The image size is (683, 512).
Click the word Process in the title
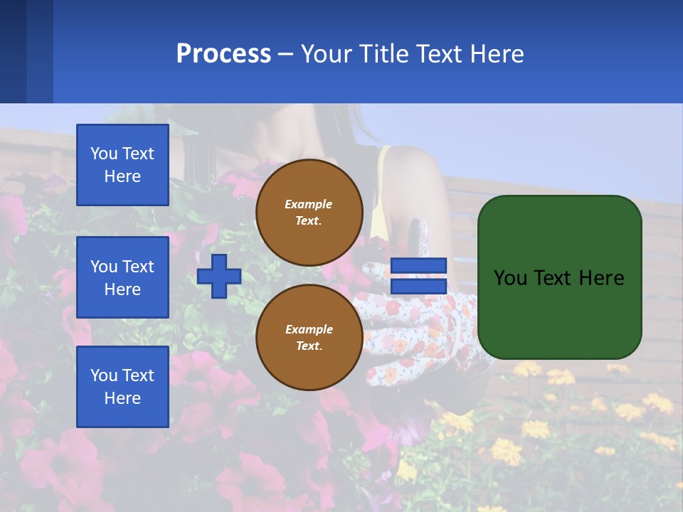pyautogui.click(x=223, y=54)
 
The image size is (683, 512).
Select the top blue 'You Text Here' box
pyautogui.click(x=122, y=165)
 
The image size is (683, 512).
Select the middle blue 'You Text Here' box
pyautogui.click(x=122, y=277)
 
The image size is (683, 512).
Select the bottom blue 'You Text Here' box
pyautogui.click(x=122, y=386)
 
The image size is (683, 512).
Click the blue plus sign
pyautogui.click(x=219, y=276)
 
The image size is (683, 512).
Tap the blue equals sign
pyautogui.click(x=418, y=276)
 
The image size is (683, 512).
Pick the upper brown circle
pyautogui.click(x=309, y=213)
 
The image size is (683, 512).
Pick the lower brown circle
pyautogui.click(x=309, y=338)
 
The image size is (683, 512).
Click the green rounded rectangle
pyautogui.click(x=559, y=277)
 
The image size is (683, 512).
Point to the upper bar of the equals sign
pyautogui.click(x=418, y=266)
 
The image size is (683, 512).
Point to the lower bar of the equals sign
pyautogui.click(x=418, y=287)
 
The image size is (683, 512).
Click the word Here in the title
pyautogui.click(x=496, y=54)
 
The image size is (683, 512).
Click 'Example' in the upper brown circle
pyautogui.click(x=308, y=204)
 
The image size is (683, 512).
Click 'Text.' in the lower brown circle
pyautogui.click(x=309, y=346)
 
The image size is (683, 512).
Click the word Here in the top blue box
pyautogui.click(x=122, y=176)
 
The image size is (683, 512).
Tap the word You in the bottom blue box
pyautogui.click(x=104, y=375)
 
